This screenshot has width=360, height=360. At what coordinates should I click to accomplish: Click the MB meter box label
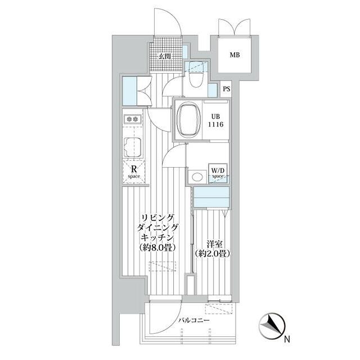235,55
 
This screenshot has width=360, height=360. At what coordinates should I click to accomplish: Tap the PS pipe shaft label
226,89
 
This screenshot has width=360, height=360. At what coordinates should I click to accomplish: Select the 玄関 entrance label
165,56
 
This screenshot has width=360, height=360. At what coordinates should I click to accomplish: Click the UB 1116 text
216,121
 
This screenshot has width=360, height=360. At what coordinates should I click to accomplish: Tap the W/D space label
218,173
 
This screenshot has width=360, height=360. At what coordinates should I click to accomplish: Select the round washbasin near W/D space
197,177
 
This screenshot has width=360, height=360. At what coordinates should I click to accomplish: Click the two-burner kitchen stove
132,119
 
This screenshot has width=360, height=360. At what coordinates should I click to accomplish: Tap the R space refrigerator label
134,173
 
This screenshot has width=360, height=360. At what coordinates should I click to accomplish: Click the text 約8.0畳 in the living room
157,247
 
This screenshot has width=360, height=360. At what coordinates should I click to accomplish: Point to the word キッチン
157,237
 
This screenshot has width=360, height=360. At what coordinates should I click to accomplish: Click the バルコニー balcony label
194,320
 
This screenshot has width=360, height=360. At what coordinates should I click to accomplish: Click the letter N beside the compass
287,339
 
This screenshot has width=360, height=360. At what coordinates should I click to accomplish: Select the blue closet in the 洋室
211,197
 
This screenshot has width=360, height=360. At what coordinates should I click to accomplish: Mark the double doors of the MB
234,27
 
